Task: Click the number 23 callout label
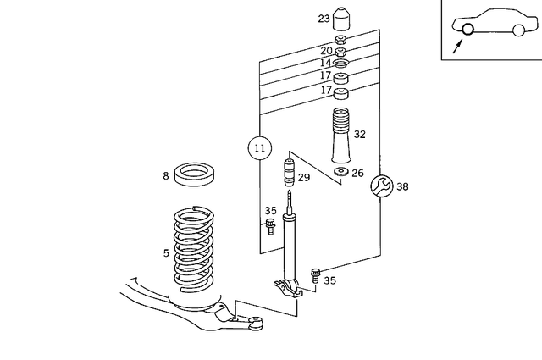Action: coord(324,19)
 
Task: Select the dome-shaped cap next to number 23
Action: coord(344,18)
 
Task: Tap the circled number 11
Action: coord(260,148)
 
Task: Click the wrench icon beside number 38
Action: coord(380,186)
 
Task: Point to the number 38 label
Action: coord(402,186)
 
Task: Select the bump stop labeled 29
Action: coord(288,174)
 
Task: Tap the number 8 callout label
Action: coord(166,176)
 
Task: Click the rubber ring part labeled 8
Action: coord(196,175)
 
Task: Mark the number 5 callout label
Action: coord(166,252)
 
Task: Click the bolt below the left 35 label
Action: coord(270,227)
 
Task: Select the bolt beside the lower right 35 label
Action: coord(316,274)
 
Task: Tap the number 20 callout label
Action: coord(326,51)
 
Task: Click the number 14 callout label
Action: coord(326,63)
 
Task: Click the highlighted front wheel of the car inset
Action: coord(467,30)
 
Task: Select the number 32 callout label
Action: coord(360,134)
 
